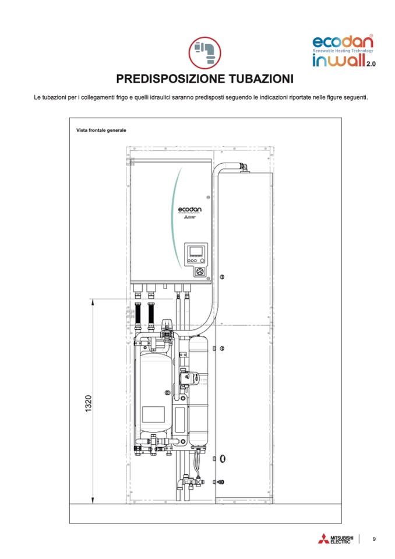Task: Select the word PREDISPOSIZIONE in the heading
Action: click(163, 79)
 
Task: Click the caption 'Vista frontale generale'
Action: click(101, 130)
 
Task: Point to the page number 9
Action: click(374, 539)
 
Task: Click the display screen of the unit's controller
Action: click(196, 251)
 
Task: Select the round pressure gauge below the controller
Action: click(200, 271)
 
